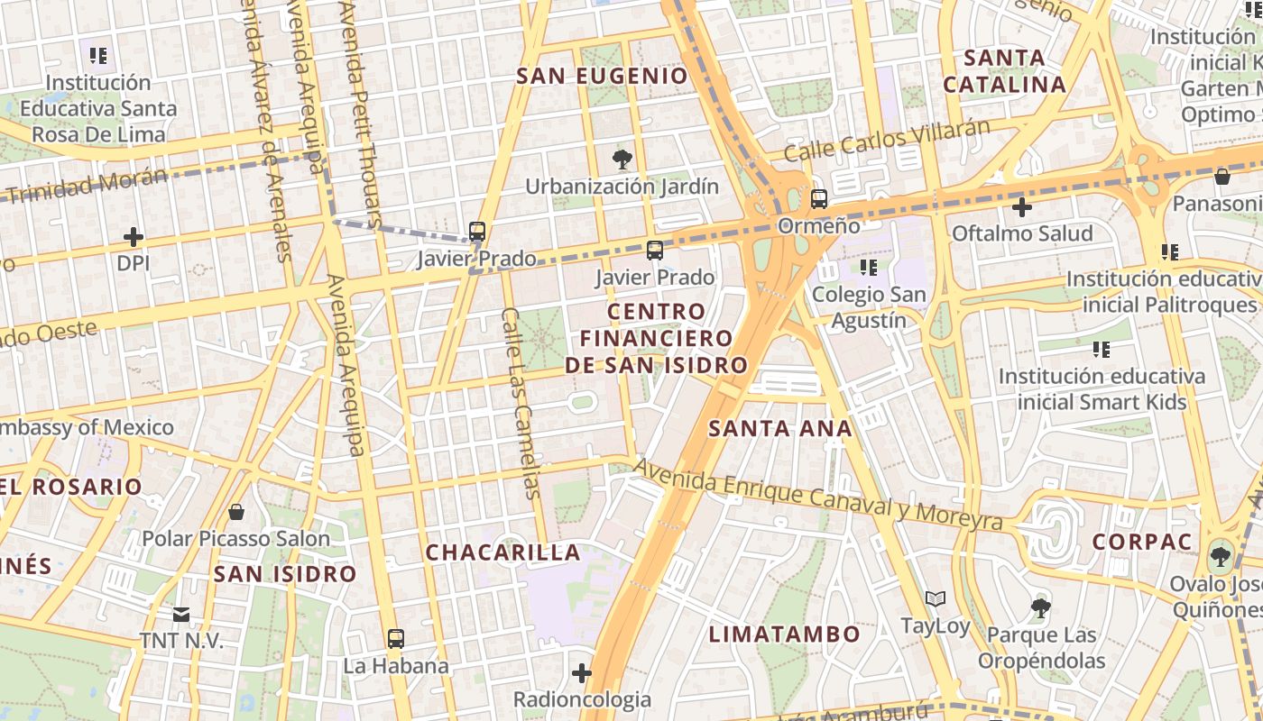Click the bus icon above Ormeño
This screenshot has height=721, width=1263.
click(819, 199)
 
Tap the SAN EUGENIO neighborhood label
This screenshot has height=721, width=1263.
click(602, 76)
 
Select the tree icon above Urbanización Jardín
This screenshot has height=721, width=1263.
click(622, 160)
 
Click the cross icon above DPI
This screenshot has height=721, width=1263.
click(134, 237)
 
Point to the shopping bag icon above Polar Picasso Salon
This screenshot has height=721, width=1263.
click(236, 512)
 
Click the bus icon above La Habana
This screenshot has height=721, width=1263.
click(395, 639)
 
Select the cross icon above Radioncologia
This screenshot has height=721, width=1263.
click(582, 672)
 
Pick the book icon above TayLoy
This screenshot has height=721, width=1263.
click(936, 598)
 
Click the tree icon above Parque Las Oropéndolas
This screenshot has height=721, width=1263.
click(1041, 608)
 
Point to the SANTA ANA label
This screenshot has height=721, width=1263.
click(780, 428)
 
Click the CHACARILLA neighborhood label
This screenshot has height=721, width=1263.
click(502, 552)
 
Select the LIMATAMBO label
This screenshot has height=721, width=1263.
click(784, 634)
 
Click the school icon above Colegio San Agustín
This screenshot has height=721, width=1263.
click(869, 267)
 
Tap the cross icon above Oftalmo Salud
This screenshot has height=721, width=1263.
click(1021, 208)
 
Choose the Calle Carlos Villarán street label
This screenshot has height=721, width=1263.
click(887, 141)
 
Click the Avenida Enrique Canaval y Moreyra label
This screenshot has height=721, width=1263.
click(817, 495)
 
